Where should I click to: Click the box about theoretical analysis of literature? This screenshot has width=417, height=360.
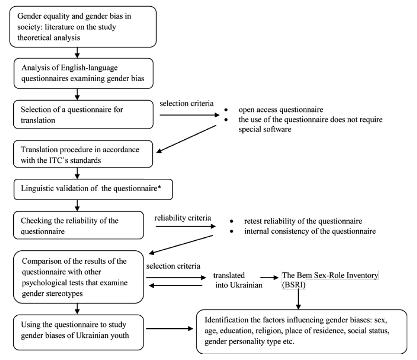pos(83,27)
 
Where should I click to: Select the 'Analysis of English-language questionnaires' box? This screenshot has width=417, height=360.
pos(83,73)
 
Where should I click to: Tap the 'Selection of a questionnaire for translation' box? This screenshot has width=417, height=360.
pos(83,114)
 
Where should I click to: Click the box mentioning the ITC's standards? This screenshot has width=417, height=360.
pos(83,154)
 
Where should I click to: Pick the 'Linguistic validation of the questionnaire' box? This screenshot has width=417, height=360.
pos(93,189)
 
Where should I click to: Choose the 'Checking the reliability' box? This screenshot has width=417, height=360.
pos(78,225)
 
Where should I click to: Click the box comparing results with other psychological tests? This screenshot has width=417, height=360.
pos(78,277)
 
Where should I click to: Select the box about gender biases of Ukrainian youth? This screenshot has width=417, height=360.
pos(78,332)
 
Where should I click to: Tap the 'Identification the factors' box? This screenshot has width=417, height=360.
pos(301,332)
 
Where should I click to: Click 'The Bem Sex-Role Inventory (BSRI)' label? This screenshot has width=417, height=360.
pos(330,280)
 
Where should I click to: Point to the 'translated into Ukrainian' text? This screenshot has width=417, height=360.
pos(238,280)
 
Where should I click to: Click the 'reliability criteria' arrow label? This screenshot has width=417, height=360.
pos(183,218)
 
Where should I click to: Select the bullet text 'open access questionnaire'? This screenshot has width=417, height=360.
pos(281,110)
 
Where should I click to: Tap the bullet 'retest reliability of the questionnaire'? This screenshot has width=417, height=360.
pos(303,221)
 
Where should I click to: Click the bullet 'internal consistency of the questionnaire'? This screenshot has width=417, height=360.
pos(310,231)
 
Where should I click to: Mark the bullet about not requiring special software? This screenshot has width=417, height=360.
pos(310,124)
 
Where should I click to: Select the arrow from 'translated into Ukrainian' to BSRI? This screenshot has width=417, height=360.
pos(269,277)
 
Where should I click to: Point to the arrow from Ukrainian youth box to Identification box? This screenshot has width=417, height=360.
pos(170,329)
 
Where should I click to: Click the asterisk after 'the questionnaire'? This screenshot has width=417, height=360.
pos(159,187)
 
